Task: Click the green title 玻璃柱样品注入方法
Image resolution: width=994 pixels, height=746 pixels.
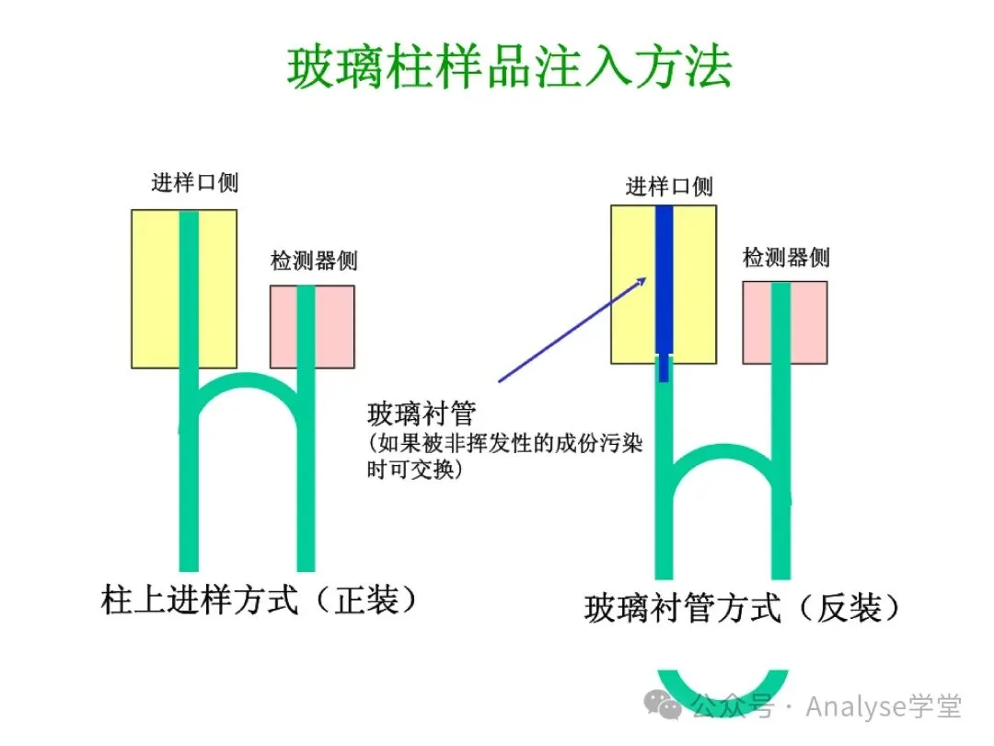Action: click(509, 67)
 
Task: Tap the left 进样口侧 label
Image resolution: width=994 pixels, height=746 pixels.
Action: click(194, 182)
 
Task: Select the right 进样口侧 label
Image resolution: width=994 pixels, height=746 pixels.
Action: click(669, 187)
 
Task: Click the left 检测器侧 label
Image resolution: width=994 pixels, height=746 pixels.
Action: click(313, 261)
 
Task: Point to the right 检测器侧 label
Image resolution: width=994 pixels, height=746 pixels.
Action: click(786, 257)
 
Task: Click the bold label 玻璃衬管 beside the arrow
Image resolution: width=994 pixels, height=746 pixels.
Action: click(421, 412)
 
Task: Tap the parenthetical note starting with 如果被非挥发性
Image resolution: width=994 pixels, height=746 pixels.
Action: click(504, 455)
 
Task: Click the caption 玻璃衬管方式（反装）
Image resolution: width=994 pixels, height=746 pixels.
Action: click(742, 609)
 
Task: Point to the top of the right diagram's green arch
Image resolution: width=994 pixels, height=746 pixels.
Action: click(723, 451)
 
